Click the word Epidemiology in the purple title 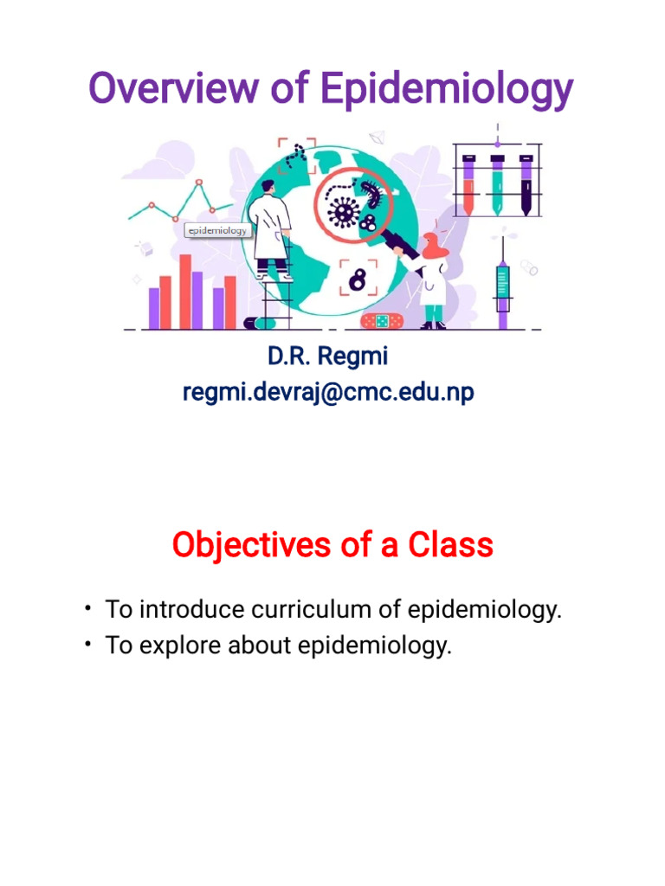click(446, 91)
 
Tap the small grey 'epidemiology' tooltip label click(217, 231)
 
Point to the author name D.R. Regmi click(328, 356)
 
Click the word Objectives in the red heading click(250, 545)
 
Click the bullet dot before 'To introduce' click(88, 609)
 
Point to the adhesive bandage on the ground click(381, 321)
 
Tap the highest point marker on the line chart click(199, 183)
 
